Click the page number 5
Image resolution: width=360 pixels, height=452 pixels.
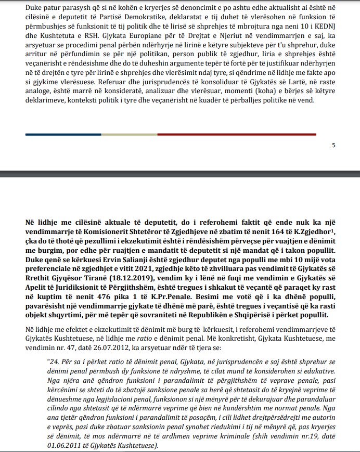click(333, 145)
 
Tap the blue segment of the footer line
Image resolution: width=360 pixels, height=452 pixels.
click(62, 134)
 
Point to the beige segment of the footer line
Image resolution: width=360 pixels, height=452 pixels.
click(129, 134)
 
